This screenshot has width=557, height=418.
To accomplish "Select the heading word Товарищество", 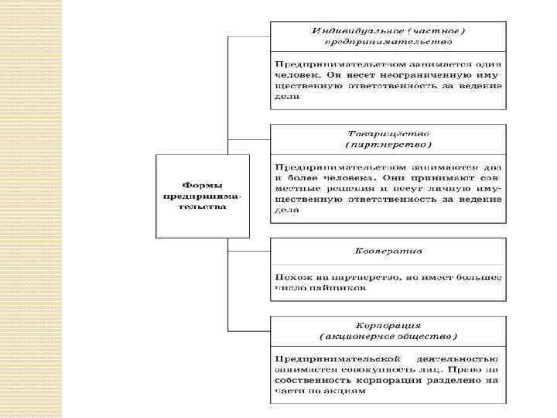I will point(387,133).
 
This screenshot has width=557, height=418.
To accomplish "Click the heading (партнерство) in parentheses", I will point(388,144).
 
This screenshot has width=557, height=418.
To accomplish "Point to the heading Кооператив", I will point(388,251).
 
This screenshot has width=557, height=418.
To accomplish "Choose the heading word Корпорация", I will point(388,326).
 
